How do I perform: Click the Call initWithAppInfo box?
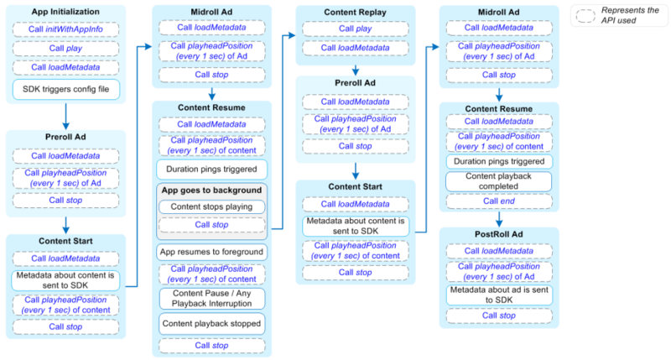pos(65,29)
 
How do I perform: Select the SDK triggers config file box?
pos(66,90)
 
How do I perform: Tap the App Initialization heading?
pos(65,12)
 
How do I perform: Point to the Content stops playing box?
pos(211,206)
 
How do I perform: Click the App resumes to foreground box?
pos(211,252)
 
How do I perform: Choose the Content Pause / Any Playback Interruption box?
pos(212,299)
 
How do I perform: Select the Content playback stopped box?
pos(211,324)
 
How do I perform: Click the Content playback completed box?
pos(498,181)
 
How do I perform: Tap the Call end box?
pos(499,201)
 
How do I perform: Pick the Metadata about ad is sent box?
pos(499,295)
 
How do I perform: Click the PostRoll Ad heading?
pos(498,234)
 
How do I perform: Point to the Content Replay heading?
pos(355,13)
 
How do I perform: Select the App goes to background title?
pos(211,190)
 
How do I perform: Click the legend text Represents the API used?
pos(630,15)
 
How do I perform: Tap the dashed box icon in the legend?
pos(585,16)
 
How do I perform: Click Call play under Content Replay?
pos(355,29)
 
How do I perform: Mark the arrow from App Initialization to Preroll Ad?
pos(65,116)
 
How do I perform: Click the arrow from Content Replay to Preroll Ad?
pos(355,70)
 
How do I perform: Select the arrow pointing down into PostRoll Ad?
pos(499,219)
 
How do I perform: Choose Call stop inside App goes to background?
pos(211,225)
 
